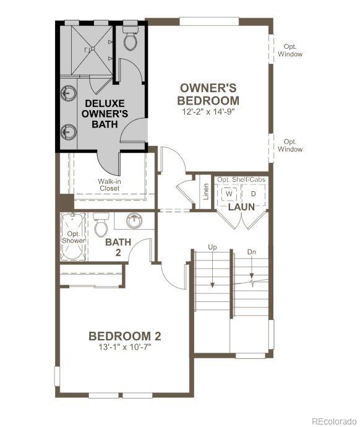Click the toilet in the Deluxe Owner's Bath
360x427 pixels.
click(x=130, y=39)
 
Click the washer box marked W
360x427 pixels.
click(x=229, y=194)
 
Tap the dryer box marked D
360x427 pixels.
click(x=253, y=194)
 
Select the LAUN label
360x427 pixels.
click(x=241, y=207)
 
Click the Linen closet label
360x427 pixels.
click(x=205, y=192)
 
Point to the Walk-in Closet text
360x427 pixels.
click(x=109, y=184)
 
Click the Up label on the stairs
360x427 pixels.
click(x=212, y=247)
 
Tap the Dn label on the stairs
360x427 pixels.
click(x=252, y=252)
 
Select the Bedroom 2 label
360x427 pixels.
click(x=125, y=336)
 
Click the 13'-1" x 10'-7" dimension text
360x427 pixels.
click(x=125, y=347)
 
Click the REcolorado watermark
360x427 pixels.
click(x=333, y=421)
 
